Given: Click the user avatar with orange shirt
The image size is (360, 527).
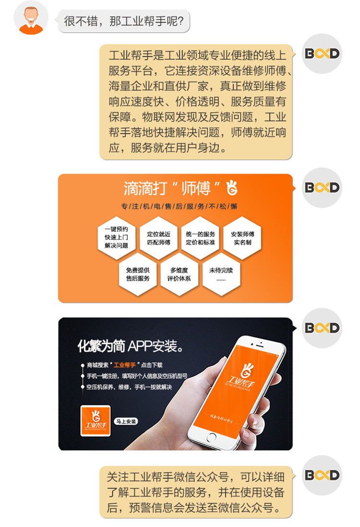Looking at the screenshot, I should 31,18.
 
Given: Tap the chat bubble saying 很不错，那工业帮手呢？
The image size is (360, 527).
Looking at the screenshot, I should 124,21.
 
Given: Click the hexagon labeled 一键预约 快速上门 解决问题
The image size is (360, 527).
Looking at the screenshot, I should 116,238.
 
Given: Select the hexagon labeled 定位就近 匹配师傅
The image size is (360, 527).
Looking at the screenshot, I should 158,238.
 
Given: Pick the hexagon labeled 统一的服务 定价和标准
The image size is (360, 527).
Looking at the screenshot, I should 200,238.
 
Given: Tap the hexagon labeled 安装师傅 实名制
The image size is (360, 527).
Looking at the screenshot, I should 242,238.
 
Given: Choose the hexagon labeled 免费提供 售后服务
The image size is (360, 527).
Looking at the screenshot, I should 138,274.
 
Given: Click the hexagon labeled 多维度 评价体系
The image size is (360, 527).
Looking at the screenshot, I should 180,274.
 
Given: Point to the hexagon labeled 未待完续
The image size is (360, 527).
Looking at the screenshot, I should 221,274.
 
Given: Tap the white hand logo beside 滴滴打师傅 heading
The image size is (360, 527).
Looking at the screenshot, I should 232,188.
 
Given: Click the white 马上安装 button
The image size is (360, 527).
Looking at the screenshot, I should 126,421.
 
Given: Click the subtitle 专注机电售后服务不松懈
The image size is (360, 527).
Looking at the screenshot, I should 179,207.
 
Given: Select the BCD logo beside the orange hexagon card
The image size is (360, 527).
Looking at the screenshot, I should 322,187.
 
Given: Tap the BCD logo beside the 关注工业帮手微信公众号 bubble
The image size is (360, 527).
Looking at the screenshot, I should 322,475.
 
